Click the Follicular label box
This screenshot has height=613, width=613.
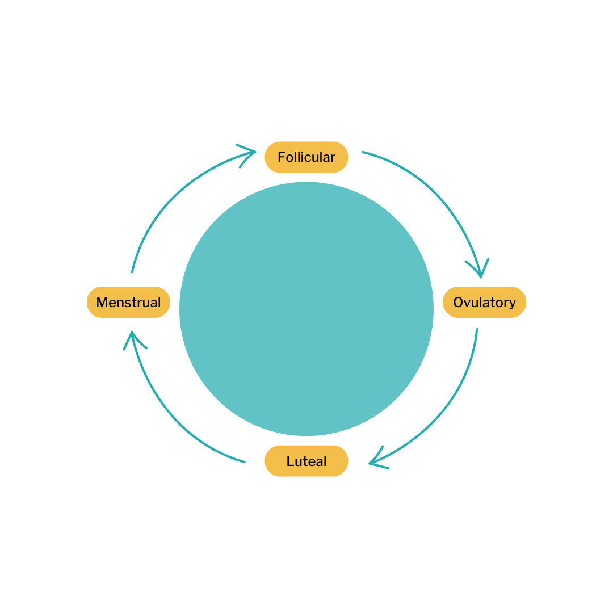(306, 157)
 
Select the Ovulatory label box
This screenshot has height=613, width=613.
(484, 302)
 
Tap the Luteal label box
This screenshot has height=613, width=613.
(306, 461)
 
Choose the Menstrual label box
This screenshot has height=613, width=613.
(128, 302)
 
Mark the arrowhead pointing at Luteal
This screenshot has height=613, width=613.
(372, 463)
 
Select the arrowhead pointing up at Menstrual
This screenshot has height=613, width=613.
(132, 335)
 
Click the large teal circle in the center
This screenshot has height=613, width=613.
(306, 309)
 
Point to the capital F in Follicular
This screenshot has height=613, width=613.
(282, 157)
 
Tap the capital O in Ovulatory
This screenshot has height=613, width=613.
(459, 302)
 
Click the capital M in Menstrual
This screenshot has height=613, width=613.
(103, 302)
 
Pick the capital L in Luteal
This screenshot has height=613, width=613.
(290, 461)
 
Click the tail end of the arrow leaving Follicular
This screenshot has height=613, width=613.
(363, 152)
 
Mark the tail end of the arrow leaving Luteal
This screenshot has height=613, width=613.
(244, 462)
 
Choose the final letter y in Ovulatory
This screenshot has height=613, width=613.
(512, 304)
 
